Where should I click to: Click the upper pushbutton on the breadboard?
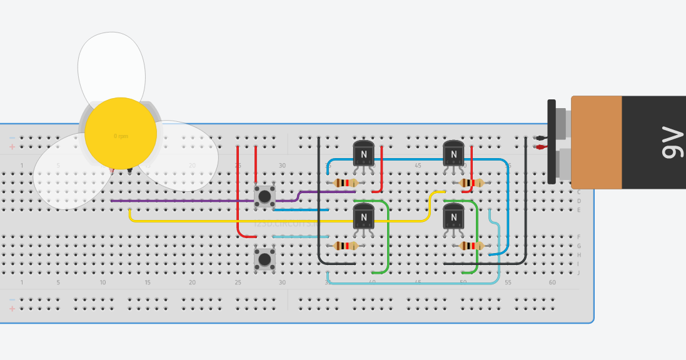[x=265, y=196]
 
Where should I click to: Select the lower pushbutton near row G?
[x=265, y=259]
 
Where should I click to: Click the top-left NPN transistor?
[x=363, y=153]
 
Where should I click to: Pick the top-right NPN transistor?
[x=453, y=153]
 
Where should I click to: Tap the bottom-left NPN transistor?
[x=363, y=217]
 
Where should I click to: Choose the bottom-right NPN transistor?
[x=453, y=217]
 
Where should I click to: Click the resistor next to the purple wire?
[x=346, y=183]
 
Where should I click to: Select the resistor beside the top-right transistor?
[x=471, y=183]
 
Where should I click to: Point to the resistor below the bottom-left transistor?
[x=346, y=246]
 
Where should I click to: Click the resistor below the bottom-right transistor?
[x=471, y=246]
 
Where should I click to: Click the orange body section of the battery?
[x=597, y=142]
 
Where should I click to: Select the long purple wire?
[x=188, y=201]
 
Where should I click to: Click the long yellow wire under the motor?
[x=250, y=221]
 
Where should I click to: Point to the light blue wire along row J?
[x=413, y=283]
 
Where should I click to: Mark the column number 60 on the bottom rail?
[x=552, y=282]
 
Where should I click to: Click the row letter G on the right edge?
[x=578, y=246]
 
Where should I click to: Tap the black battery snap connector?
[x=552, y=142]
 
